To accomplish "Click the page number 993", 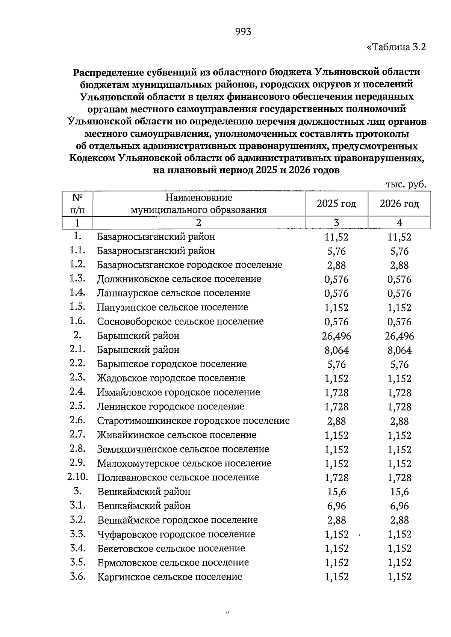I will click(243, 32).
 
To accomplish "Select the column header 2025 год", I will click(336, 204).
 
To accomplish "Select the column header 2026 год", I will click(399, 204).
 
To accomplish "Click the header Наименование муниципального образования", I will click(198, 204).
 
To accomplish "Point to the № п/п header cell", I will click(77, 204).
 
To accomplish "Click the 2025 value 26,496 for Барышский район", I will click(336, 336).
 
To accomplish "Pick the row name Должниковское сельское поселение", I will click(179, 279).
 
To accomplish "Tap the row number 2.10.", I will click(77, 477).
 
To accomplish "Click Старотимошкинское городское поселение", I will click(193, 421).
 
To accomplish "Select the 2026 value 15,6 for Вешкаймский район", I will click(400, 492).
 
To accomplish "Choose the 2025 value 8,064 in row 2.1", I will click(336, 350).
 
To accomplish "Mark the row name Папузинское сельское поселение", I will click(173, 307).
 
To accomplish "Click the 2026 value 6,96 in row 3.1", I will click(400, 506).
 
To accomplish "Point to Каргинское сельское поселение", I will click(170, 577).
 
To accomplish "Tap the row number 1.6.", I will click(77, 322).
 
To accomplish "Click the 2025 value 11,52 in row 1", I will click(336, 237).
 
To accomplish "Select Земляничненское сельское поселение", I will click(183, 449).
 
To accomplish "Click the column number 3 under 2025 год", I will click(336, 223).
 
